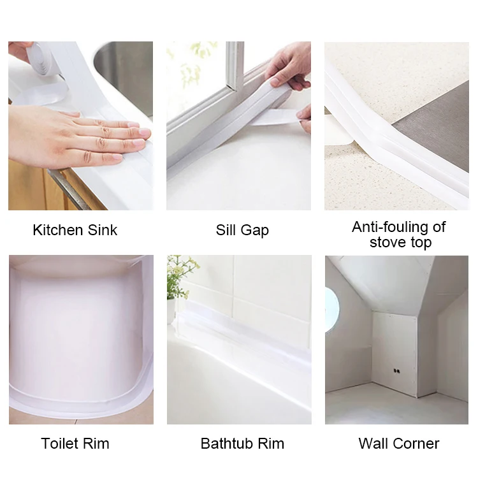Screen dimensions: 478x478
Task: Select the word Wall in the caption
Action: pos(373,444)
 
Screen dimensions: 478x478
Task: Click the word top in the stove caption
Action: pos(421,243)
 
